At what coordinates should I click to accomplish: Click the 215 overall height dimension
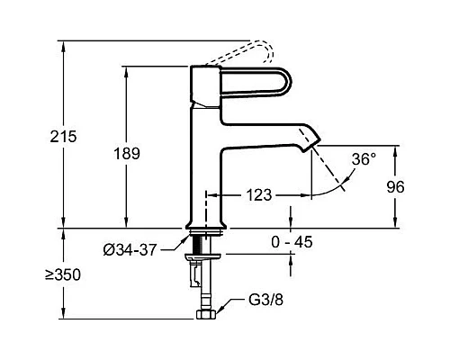63,137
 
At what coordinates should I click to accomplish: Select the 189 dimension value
127,154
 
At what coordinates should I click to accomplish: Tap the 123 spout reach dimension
259,195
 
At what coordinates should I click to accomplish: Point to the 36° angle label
364,159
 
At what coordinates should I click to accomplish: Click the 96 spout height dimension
395,187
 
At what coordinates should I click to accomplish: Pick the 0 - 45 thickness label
292,242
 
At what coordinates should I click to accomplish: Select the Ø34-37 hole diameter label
130,249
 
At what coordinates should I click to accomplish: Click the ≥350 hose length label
63,274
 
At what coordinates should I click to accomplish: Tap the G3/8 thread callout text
265,300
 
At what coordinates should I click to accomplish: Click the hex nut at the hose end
206,314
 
